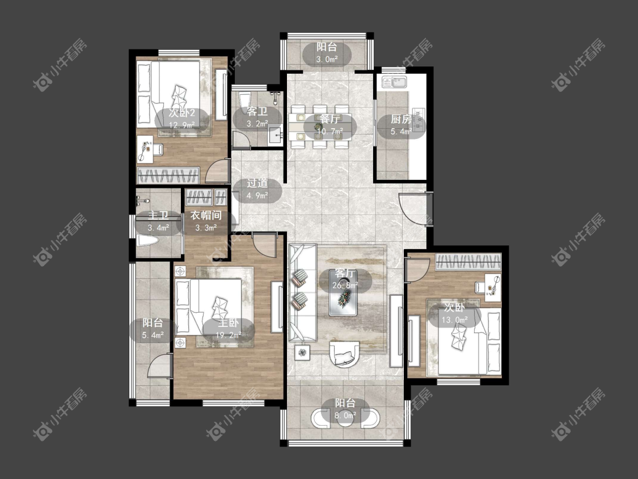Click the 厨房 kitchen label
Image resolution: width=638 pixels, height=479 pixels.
coord(401,119)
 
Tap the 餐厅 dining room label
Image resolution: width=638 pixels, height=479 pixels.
coord(329,119)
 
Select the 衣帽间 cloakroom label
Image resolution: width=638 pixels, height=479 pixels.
coord(206,216)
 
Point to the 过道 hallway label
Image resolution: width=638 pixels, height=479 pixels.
coord(257,184)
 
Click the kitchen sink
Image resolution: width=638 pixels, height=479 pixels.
coord(394,82)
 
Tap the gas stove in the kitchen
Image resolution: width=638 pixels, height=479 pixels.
coord(419,119)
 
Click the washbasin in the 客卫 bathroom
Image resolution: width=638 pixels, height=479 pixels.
coord(276,135)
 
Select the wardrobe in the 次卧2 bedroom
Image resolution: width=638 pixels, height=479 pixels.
coord(168,175)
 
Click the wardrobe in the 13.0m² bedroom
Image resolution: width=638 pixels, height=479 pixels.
coord(468,262)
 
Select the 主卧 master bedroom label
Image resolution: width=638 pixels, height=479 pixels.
coord(229,323)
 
